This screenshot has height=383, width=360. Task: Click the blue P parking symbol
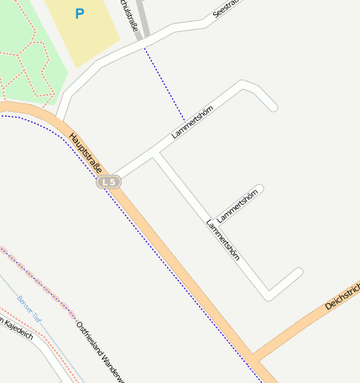[x=79, y=13]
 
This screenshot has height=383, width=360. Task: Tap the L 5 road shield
[x=107, y=181]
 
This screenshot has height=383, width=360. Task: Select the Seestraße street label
[x=227, y=8]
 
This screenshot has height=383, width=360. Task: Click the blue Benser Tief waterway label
[x=28, y=307]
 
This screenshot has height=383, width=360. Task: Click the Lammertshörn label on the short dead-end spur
[x=239, y=204]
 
